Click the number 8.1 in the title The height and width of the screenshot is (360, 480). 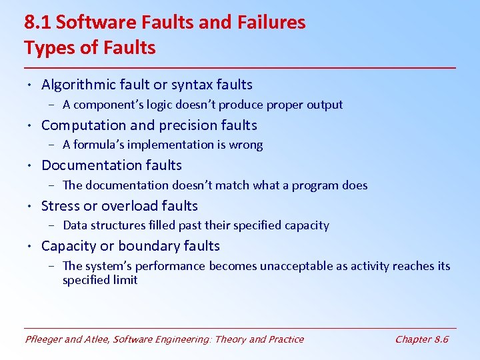click(x=38, y=23)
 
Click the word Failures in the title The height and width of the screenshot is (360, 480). click(x=271, y=23)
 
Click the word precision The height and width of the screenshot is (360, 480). click(x=189, y=125)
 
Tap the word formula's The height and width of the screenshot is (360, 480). click(x=100, y=145)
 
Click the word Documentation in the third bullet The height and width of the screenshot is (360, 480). click(x=93, y=165)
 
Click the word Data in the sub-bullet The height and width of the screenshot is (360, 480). click(x=76, y=225)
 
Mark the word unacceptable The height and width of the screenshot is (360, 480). click(x=301, y=266)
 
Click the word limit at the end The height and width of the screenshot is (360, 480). click(x=127, y=280)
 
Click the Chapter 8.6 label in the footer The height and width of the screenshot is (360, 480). click(x=421, y=339)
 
